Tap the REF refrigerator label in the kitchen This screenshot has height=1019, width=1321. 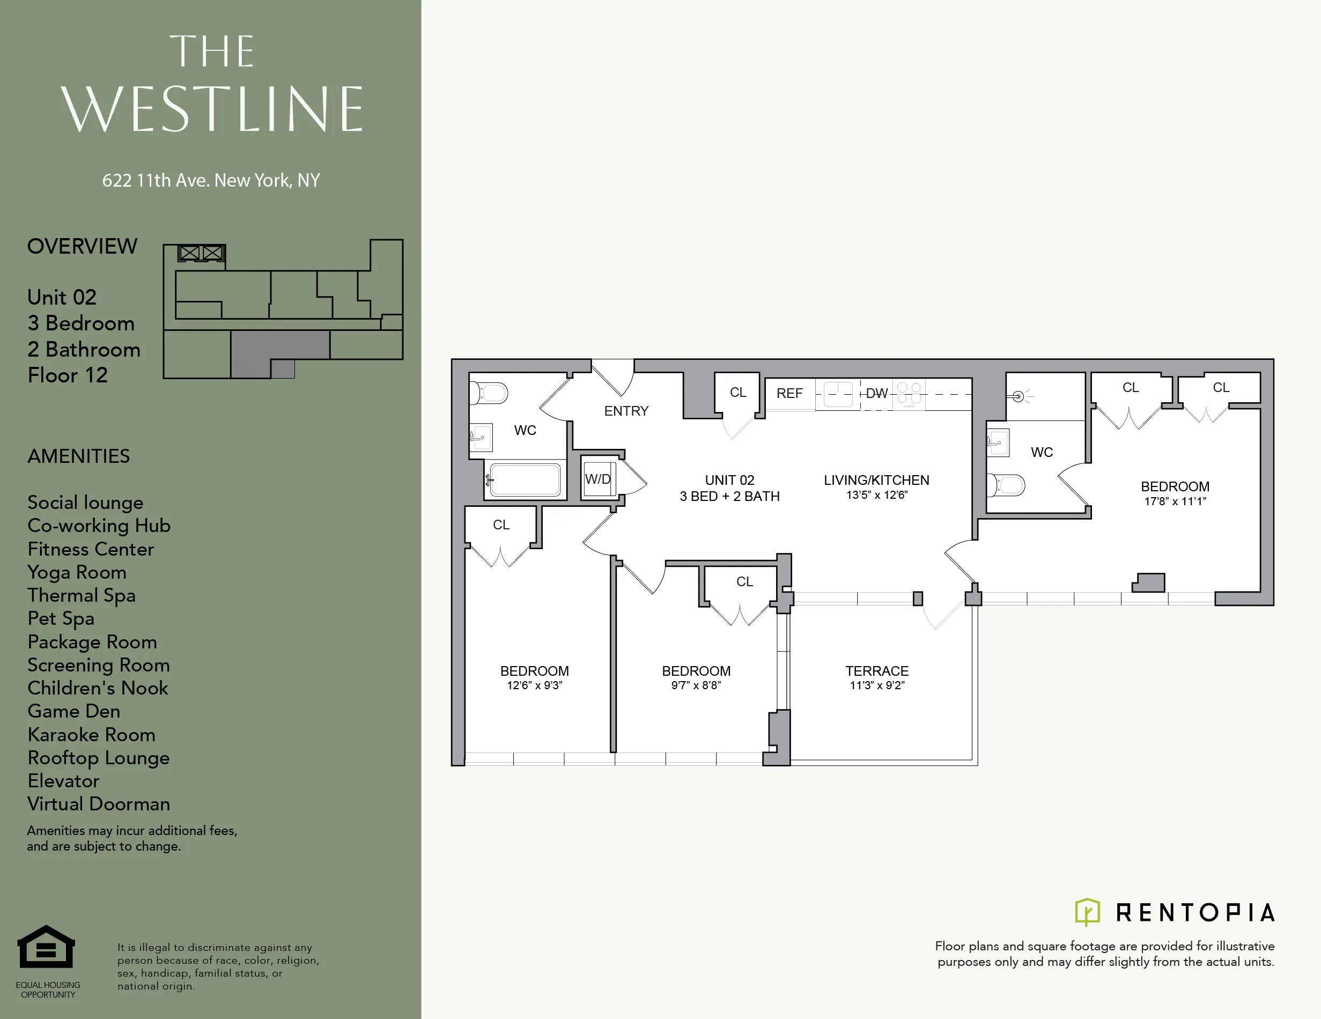click(789, 394)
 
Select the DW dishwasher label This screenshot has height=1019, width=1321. click(876, 394)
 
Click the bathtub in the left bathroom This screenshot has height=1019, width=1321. click(525, 480)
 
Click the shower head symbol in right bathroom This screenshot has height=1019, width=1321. click(1019, 397)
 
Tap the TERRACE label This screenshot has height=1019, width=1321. click(876, 671)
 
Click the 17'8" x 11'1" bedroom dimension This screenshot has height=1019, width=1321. click(1175, 501)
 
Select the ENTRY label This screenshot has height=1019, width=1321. click(626, 411)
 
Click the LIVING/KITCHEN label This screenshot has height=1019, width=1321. click(876, 480)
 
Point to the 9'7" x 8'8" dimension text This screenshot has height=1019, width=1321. click(696, 685)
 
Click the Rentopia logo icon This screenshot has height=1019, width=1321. click(1087, 912)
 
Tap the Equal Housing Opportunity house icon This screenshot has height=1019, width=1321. click(46, 948)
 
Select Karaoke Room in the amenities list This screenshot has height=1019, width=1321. click(91, 735)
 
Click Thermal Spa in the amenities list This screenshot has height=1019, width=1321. click(81, 596)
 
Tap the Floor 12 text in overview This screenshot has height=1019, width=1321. click(68, 375)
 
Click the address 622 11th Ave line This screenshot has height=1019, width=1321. click(210, 180)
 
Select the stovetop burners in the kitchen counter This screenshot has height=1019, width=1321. click(909, 393)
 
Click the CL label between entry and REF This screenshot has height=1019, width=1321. click(738, 393)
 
